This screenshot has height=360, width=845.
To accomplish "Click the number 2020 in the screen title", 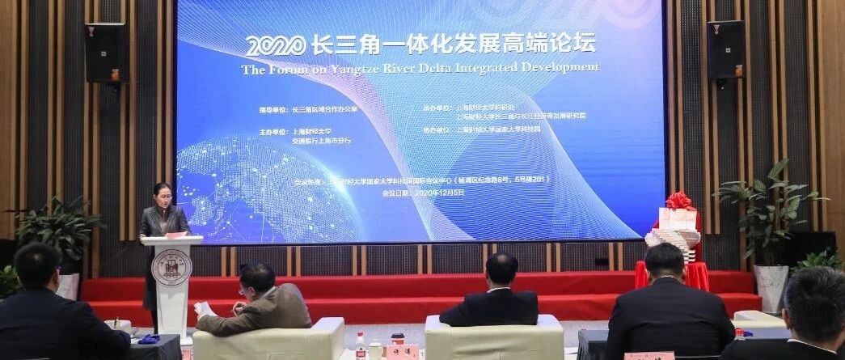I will (x=276, y=45).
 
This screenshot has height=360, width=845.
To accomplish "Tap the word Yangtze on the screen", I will (x=357, y=70).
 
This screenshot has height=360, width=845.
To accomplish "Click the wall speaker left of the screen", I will (x=106, y=52).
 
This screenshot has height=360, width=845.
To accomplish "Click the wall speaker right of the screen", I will (x=725, y=49).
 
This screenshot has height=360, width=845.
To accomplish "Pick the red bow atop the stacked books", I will (x=678, y=200).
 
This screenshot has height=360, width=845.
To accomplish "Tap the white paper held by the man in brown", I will (x=205, y=309).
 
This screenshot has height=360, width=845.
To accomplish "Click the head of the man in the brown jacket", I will (x=257, y=279).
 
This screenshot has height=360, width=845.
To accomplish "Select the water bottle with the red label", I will (x=361, y=345).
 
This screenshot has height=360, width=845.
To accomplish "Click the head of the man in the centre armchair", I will (x=501, y=269).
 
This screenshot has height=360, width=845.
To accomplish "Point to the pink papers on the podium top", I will (x=175, y=235).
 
